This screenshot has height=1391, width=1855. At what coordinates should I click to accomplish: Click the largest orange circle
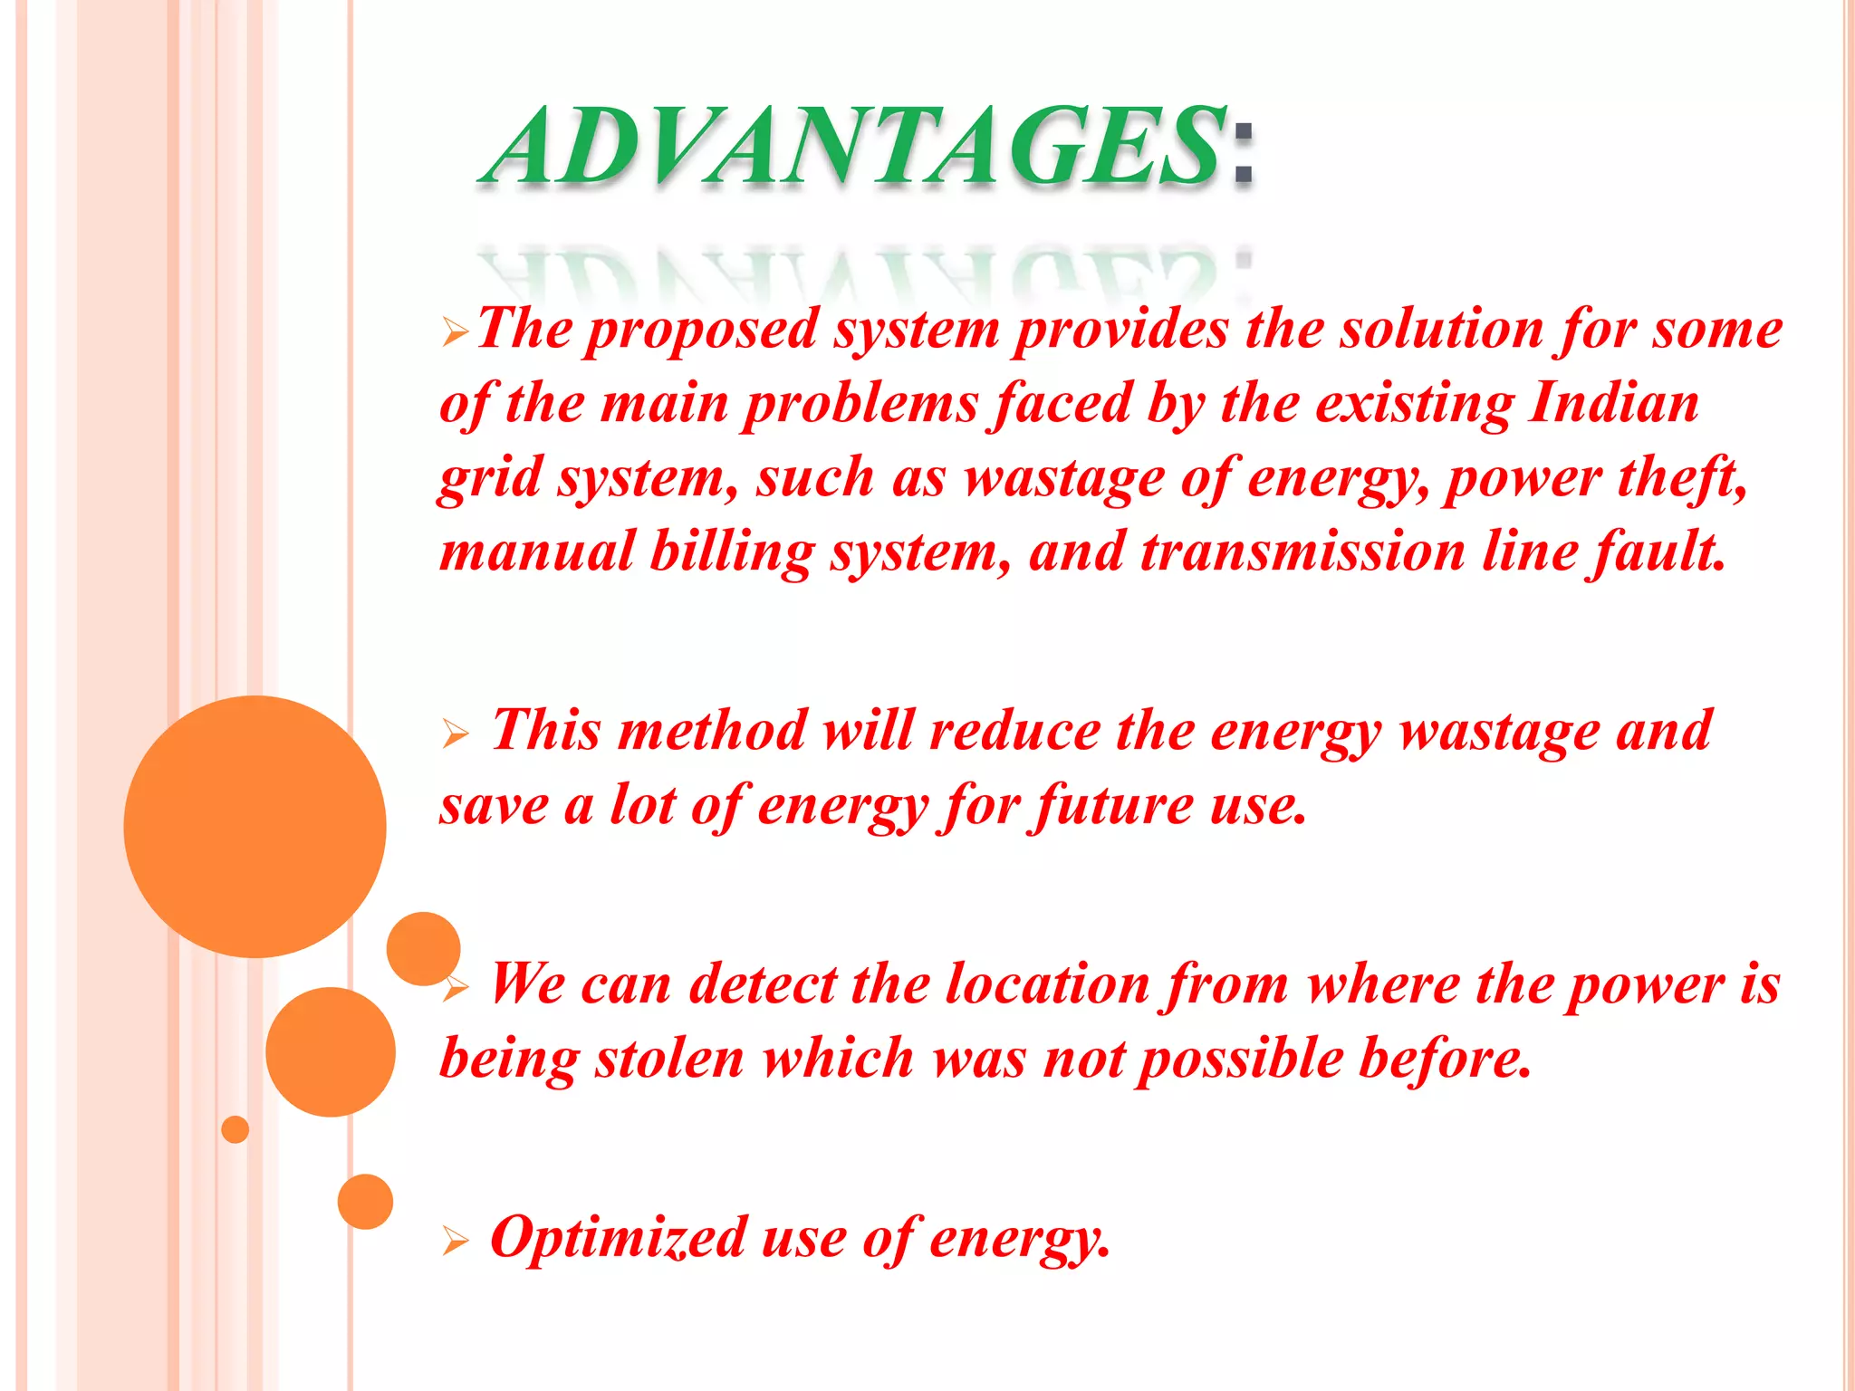(x=255, y=826)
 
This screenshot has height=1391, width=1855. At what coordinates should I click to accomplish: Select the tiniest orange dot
(x=235, y=1129)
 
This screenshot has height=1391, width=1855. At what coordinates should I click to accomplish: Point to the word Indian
(x=1613, y=403)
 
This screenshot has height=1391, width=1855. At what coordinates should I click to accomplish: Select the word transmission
(x=1302, y=552)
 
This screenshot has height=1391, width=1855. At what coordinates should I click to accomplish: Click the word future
(x=1115, y=804)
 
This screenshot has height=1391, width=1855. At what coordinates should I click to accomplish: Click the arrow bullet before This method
(x=456, y=733)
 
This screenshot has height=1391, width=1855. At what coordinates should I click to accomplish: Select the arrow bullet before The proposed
(x=456, y=332)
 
